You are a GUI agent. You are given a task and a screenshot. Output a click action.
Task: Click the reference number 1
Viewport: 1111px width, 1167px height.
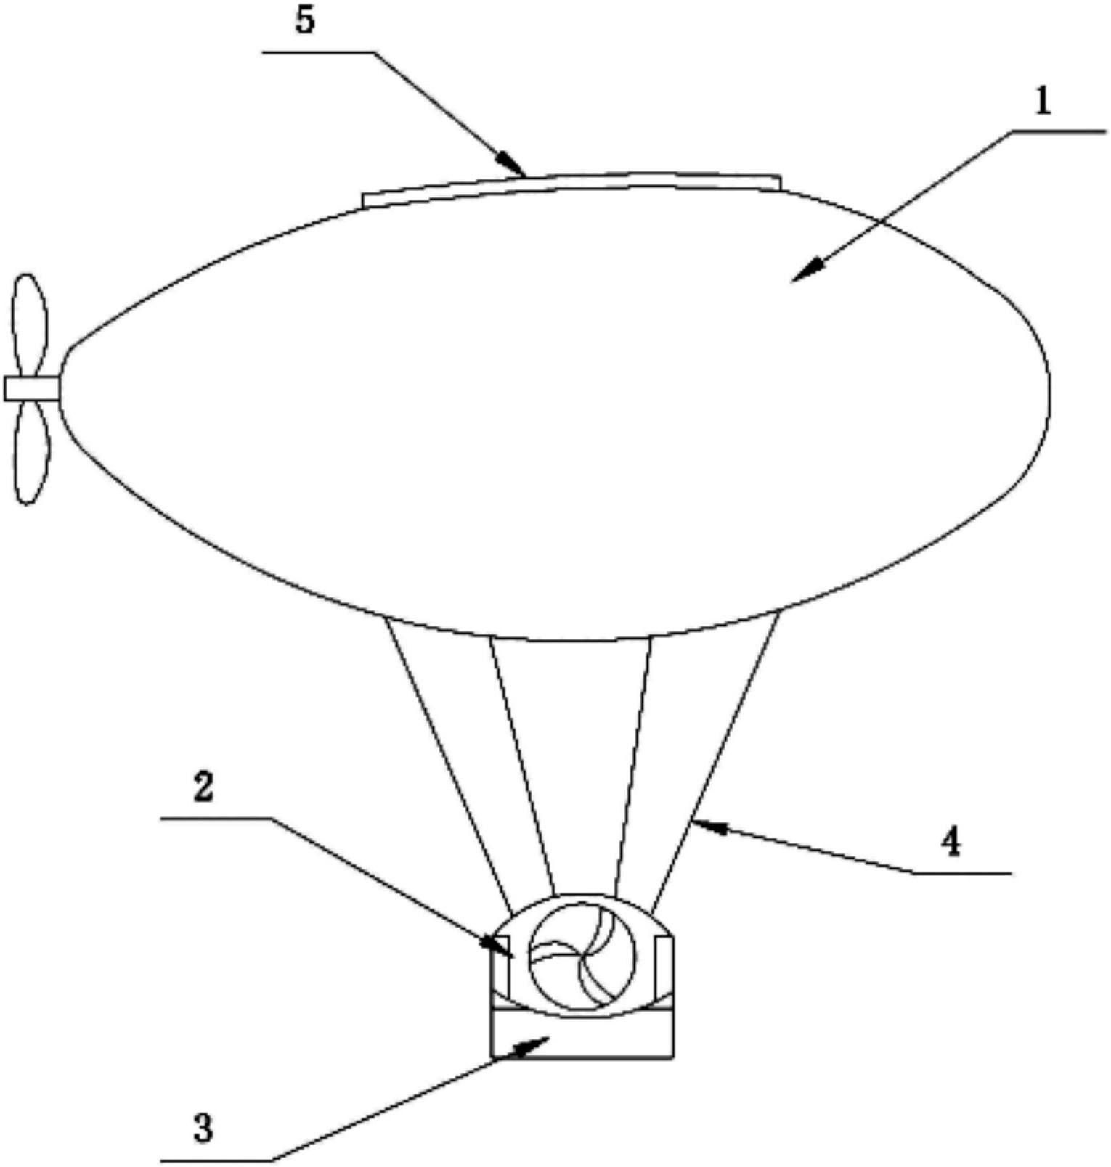click(1043, 102)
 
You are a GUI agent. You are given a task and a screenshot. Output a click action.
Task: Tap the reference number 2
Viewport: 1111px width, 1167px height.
click(203, 787)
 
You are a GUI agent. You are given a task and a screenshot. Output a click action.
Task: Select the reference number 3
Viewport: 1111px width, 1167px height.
click(203, 1129)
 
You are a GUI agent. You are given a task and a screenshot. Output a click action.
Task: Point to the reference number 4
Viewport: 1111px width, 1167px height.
click(951, 843)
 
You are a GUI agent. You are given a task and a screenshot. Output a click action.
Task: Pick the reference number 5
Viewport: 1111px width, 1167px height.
click(305, 20)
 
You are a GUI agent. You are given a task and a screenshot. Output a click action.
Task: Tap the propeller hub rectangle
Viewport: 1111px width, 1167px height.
click(32, 388)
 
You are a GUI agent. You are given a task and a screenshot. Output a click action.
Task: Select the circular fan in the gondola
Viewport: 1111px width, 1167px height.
click(582, 954)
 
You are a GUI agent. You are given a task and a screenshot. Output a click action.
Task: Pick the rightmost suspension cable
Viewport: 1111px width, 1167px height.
click(715, 762)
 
